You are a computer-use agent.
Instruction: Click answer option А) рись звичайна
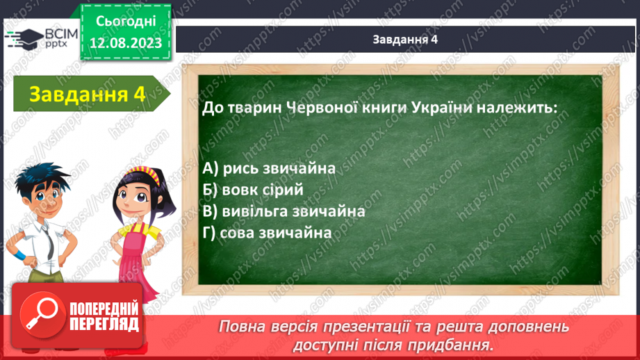point(269,169)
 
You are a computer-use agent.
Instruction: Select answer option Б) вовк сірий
point(253,190)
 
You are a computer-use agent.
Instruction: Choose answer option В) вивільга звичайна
point(284,211)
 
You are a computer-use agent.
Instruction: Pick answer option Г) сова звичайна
point(267,233)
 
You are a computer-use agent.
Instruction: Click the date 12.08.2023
point(126,43)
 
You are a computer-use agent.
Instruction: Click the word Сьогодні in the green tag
point(126,22)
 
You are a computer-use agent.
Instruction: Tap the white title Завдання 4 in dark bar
point(405,40)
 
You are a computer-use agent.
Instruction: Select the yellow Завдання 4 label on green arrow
point(88,95)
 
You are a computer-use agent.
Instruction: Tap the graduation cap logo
point(25,39)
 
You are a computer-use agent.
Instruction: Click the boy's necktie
point(49,243)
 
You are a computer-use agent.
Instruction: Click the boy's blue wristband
point(19,256)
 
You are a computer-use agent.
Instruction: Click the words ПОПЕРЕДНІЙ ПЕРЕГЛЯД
point(104,316)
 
